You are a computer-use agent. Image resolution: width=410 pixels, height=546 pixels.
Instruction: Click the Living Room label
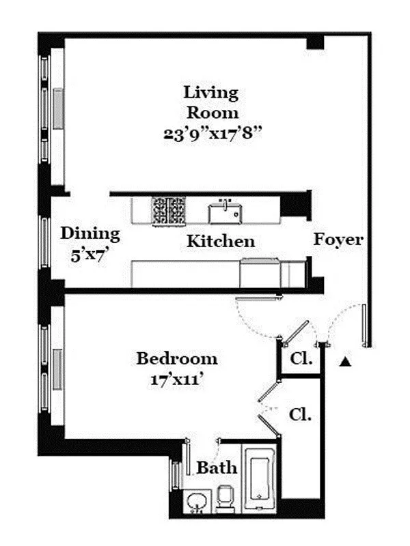(210, 102)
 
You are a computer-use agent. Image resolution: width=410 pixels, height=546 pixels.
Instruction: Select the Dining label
(90, 233)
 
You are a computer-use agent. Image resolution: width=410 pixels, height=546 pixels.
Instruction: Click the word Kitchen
(221, 241)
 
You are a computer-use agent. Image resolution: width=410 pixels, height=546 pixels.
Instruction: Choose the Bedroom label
(176, 358)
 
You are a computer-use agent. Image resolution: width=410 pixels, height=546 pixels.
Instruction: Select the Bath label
(217, 468)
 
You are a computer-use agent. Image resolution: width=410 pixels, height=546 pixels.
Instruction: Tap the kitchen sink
(224, 212)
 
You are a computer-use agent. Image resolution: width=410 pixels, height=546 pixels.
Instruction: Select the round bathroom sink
(197, 502)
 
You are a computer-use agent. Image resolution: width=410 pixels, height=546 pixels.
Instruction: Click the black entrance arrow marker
(346, 362)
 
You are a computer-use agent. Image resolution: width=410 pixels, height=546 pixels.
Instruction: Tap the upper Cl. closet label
(301, 359)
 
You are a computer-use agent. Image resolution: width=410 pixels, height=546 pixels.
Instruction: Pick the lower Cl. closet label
(300, 414)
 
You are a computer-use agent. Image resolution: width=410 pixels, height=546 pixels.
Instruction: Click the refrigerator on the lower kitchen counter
(260, 274)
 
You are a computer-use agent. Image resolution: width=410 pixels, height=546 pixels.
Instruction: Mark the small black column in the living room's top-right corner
(315, 42)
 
